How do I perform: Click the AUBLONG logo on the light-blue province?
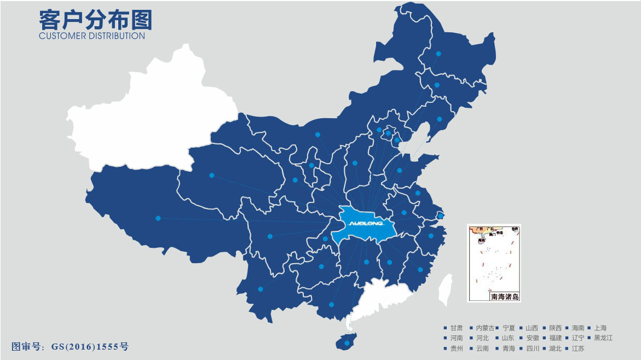point(367,223)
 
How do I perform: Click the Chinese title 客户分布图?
point(95,20)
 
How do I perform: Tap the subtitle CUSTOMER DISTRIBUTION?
point(92,36)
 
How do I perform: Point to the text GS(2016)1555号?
point(90,346)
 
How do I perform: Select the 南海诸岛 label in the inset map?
point(504,297)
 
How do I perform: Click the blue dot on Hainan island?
point(346,343)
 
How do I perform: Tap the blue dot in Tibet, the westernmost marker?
point(158,218)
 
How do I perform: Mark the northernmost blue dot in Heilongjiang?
point(438,54)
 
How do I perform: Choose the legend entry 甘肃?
point(456,328)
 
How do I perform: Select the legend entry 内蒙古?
point(485,328)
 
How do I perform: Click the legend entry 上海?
point(600,328)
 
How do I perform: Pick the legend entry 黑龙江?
point(603,338)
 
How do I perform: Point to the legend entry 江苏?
point(578,349)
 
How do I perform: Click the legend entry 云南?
point(482,349)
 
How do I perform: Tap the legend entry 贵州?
point(456,349)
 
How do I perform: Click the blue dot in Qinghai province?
point(211,176)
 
